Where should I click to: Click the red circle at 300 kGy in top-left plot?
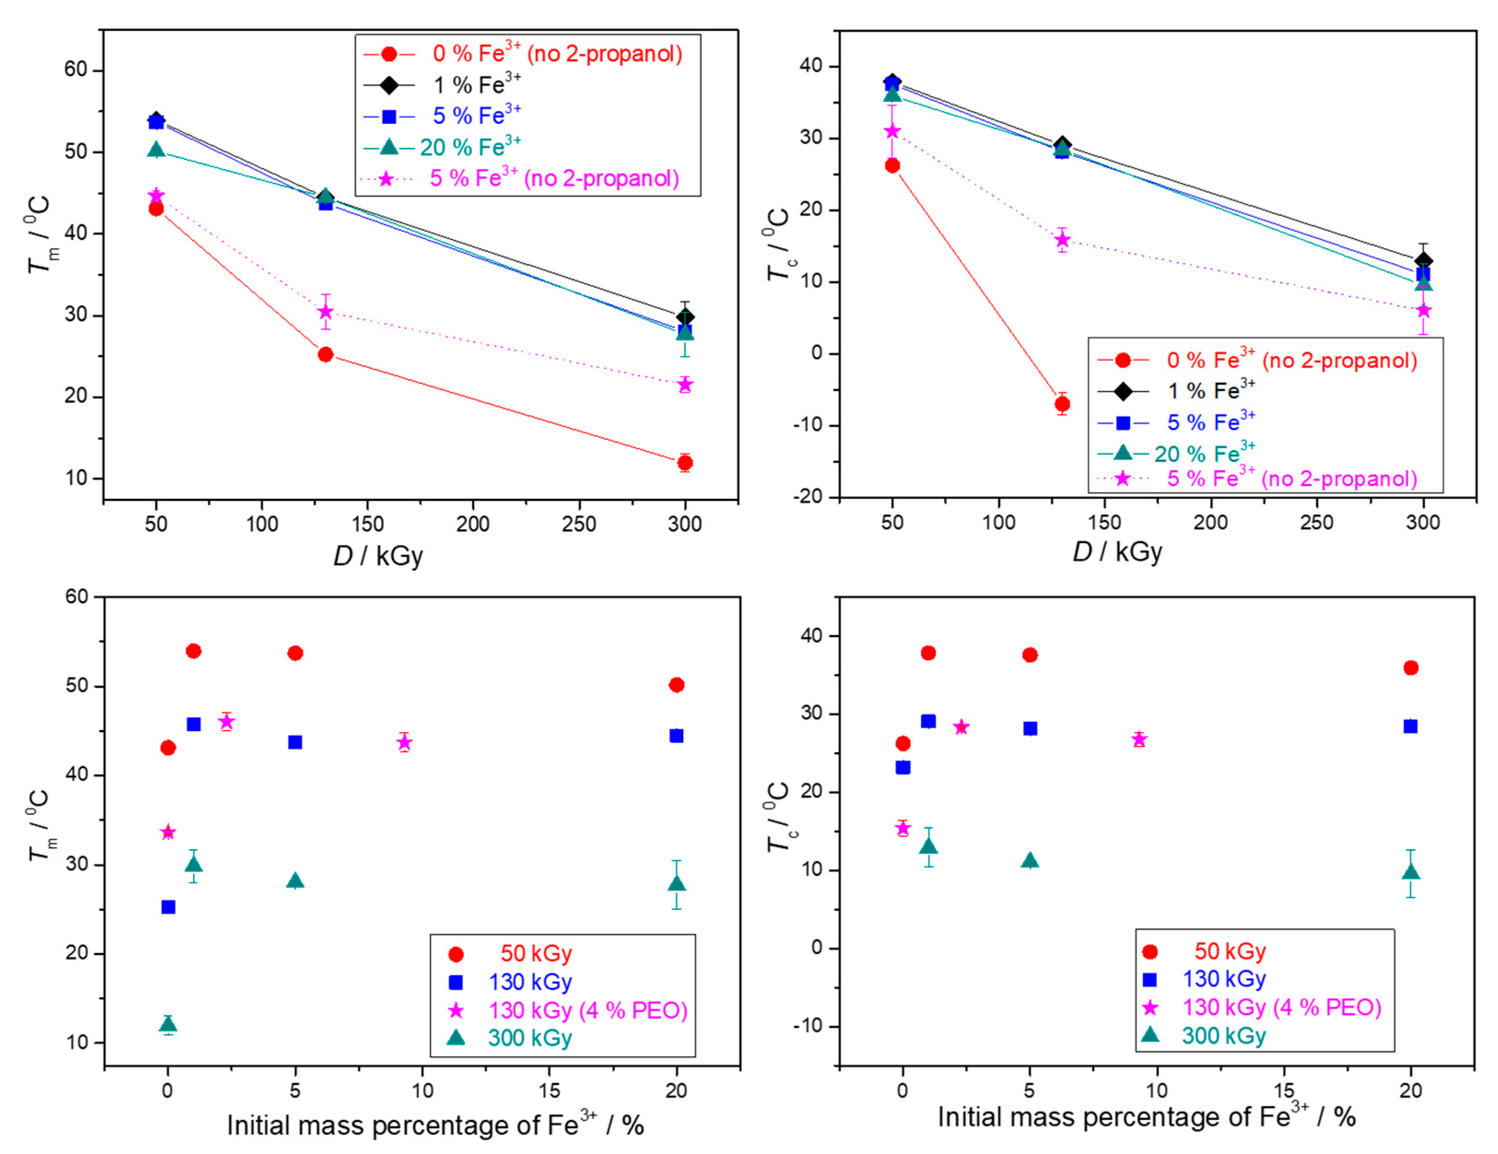pyautogui.click(x=685, y=463)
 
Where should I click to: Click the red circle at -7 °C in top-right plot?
pyautogui.click(x=1062, y=404)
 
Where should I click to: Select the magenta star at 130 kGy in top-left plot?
pyautogui.click(x=326, y=312)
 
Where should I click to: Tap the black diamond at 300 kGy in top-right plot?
pyautogui.click(x=1423, y=261)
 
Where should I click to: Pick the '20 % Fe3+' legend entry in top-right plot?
pyautogui.click(x=1204, y=453)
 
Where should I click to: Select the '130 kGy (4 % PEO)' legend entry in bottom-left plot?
pyautogui.click(x=587, y=1011)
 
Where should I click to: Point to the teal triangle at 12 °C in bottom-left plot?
pyautogui.click(x=168, y=1025)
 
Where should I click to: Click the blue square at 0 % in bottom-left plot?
pyautogui.click(x=168, y=907)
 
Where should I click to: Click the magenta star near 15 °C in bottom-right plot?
pyautogui.click(x=903, y=828)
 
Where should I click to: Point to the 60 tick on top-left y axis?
pyautogui.click(x=76, y=70)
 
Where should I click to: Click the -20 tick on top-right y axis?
pyautogui.click(x=808, y=496)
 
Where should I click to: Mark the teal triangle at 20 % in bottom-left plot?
pyautogui.click(x=676, y=884)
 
